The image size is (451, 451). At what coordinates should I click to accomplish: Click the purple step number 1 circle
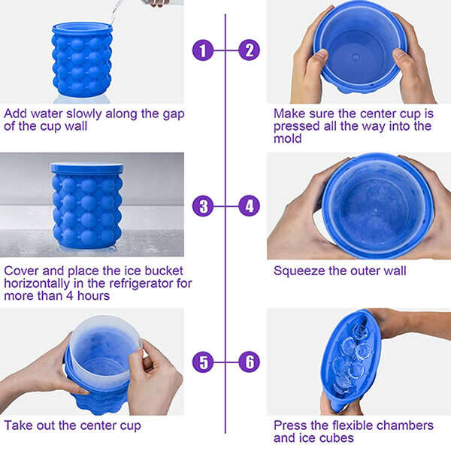coord(203,50)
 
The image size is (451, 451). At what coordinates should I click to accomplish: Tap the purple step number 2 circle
coord(249,50)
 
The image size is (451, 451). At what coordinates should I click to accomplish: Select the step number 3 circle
coord(203,206)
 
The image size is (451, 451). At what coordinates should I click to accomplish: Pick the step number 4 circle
coord(249,206)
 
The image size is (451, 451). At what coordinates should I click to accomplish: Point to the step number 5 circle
coord(203,362)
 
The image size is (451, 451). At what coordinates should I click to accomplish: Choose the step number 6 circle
coord(249,362)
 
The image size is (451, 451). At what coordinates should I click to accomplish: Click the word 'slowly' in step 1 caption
coord(84,114)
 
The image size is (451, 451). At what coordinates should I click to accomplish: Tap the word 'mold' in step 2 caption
coord(287,138)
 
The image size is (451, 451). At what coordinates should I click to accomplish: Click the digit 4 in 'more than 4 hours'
coord(70,296)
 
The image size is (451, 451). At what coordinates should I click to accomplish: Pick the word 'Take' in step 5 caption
coord(18,425)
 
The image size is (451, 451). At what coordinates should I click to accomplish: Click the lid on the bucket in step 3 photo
coord(87,168)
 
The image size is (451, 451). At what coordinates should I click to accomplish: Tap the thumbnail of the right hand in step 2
coord(398,54)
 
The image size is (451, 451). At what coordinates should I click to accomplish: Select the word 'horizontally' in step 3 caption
coord(37,284)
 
